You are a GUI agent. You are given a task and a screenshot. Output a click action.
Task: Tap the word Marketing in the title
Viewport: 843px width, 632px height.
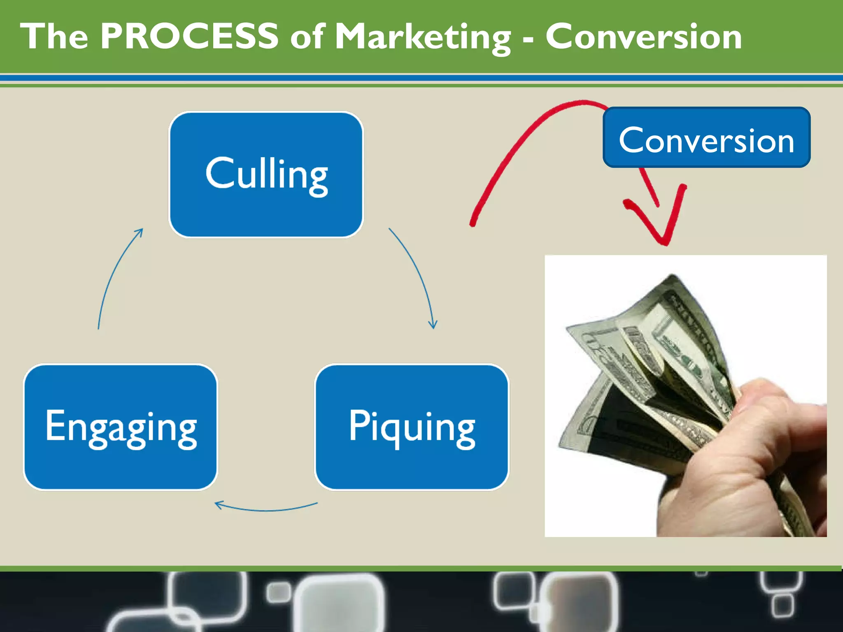coord(423,37)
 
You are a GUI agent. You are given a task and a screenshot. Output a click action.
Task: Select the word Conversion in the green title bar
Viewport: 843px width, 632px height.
coord(643,37)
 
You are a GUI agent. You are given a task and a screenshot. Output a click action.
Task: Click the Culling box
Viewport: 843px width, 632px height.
coord(266,174)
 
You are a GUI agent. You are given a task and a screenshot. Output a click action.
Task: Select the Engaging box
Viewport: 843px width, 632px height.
coord(121,427)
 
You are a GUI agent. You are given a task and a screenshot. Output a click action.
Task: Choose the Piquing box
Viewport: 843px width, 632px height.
coord(412,427)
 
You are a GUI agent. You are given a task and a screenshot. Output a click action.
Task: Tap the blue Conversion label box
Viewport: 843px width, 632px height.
coord(706,137)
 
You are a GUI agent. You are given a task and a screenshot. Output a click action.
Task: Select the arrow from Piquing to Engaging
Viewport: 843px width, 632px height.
coord(265,509)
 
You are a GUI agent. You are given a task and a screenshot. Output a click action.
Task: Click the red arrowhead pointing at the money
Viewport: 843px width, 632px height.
coord(664,230)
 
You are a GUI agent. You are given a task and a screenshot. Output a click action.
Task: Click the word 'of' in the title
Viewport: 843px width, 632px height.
coord(308,37)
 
